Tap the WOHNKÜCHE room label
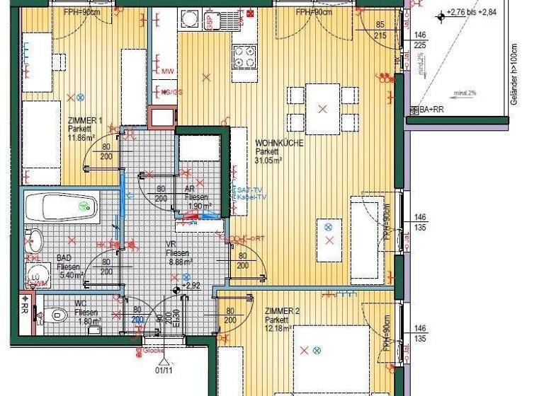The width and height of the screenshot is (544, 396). (278, 143)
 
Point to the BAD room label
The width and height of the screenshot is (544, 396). (64, 258)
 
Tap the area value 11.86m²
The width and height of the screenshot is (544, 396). (81, 138)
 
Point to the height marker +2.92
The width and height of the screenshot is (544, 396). (191, 285)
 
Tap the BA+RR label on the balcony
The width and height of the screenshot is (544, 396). (431, 110)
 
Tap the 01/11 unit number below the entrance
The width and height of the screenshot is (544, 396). (164, 369)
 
